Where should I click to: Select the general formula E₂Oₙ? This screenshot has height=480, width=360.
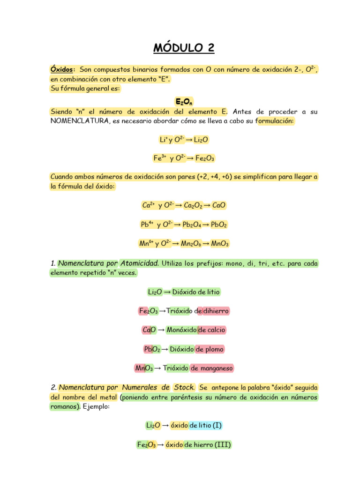[x=184, y=101]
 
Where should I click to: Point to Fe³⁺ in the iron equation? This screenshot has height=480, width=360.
[x=160, y=158]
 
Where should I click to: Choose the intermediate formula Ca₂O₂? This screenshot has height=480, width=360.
[x=193, y=205]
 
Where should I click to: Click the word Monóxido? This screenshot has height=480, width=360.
[x=181, y=330]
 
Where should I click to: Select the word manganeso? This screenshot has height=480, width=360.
[x=217, y=368]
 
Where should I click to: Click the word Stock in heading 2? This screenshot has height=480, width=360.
[x=183, y=388]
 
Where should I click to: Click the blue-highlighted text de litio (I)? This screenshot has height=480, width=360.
[x=205, y=426]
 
